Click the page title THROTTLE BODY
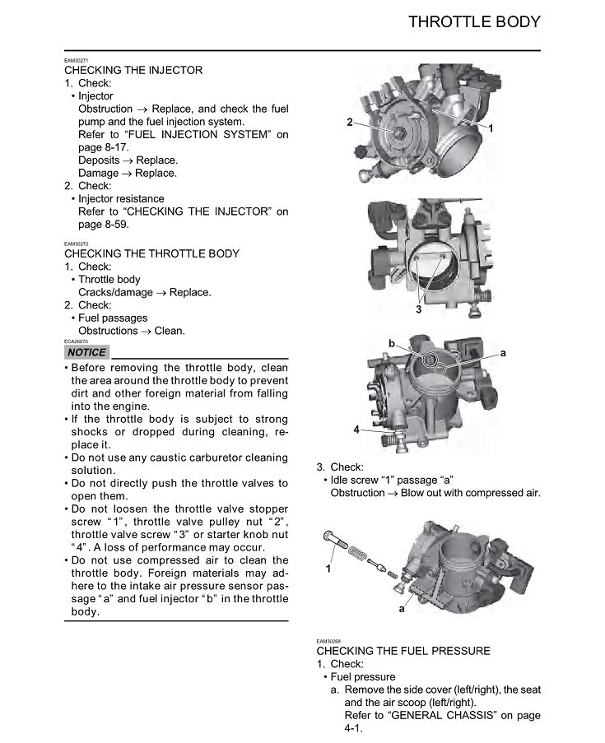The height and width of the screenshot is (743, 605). tap(474, 22)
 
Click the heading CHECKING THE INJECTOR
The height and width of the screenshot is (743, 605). tap(133, 70)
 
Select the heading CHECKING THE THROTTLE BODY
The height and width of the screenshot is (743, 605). tap(152, 253)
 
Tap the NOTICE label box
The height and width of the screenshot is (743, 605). tap(86, 352)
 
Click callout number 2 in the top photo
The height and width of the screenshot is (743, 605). tap(350, 123)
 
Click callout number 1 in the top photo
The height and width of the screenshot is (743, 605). tap(491, 129)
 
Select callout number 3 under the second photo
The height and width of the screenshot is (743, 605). tap(418, 310)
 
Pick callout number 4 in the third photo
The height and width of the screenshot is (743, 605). tap(356, 430)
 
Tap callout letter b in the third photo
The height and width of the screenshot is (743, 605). tap(392, 341)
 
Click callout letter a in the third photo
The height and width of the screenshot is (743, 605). tap(503, 352)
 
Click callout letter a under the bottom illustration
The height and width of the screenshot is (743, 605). tap(402, 610)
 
